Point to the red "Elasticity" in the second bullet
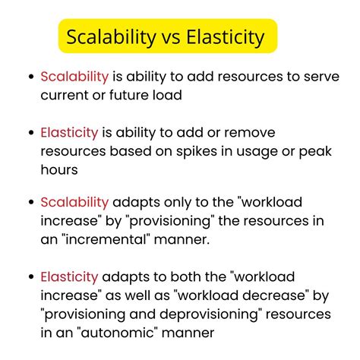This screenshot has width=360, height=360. (x=70, y=133)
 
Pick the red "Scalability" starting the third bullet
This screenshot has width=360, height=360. (x=74, y=204)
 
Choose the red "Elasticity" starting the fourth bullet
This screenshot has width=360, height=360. (x=70, y=277)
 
